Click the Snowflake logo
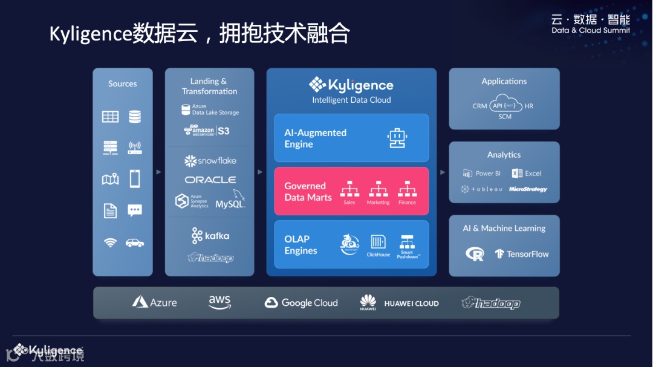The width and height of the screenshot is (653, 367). [210, 161]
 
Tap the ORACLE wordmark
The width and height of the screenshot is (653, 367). [210, 180]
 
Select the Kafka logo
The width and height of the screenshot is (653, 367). [210, 235]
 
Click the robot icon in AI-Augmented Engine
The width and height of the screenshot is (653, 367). [397, 138]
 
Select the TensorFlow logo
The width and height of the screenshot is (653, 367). [521, 254]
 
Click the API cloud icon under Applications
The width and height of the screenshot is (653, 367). [505, 104]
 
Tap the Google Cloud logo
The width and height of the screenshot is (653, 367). [301, 303]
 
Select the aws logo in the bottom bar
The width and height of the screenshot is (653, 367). [219, 302]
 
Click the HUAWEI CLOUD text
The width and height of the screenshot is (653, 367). [411, 304]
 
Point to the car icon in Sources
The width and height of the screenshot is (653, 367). [135, 242]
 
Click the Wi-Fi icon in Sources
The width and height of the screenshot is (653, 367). [110, 242]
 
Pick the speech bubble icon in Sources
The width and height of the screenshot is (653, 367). [135, 210]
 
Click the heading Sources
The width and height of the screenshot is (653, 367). [123, 84]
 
